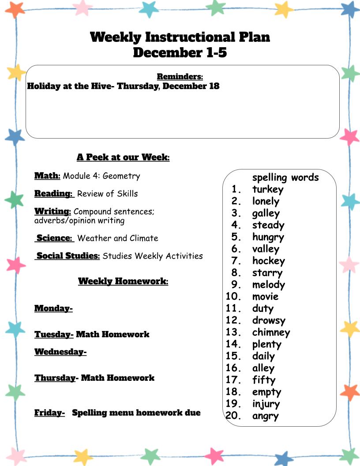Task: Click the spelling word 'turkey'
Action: pyautogui.click(x=267, y=190)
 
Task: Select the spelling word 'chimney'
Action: pyautogui.click(x=271, y=332)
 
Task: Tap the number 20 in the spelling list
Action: pyautogui.click(x=232, y=415)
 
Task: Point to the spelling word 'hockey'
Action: pyautogui.click(x=268, y=261)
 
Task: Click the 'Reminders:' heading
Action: pyautogui.click(x=180, y=77)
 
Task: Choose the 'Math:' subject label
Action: pyautogui.click(x=47, y=176)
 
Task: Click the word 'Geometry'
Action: pyautogui.click(x=121, y=176)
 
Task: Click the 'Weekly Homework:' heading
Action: pyautogui.click(x=123, y=281)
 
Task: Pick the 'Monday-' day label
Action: pyautogui.click(x=53, y=308)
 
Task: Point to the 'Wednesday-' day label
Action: pyautogui.click(x=60, y=352)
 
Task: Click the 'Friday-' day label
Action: pyautogui.click(x=49, y=413)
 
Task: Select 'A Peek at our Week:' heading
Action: pyautogui.click(x=123, y=157)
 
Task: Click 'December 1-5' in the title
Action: pyautogui.click(x=180, y=53)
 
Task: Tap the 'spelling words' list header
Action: pyautogui.click(x=285, y=177)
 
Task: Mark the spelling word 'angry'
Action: pyautogui.click(x=265, y=416)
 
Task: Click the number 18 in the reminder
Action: pyautogui.click(x=214, y=86)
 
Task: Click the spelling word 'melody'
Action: pyautogui.click(x=268, y=285)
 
